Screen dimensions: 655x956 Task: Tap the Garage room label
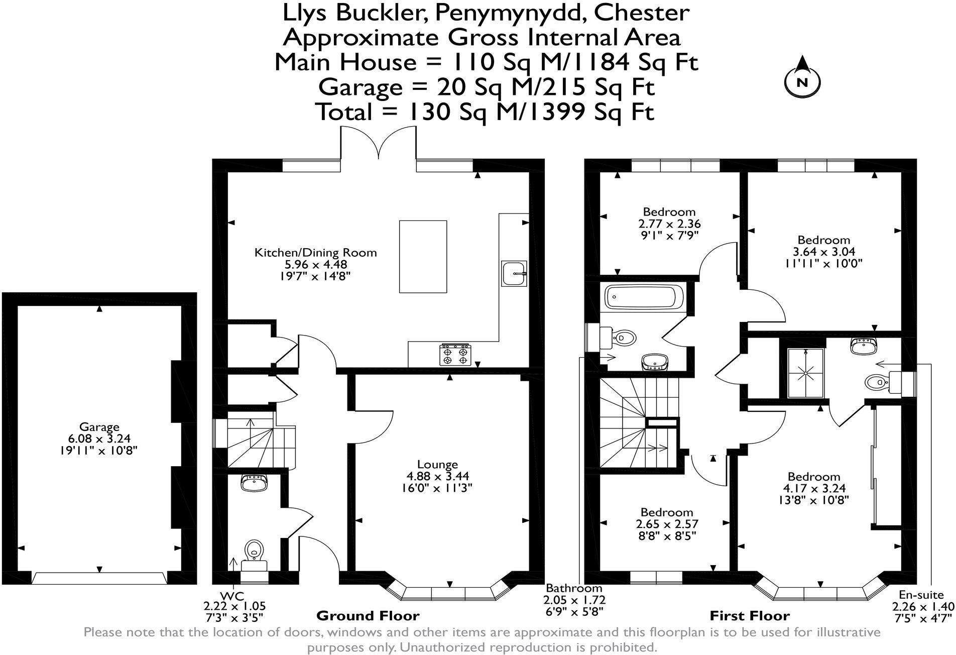[99, 427]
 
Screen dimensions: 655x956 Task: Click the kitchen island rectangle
[423, 256]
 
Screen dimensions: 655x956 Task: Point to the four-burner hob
[455, 354]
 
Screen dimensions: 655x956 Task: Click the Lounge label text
[437, 465]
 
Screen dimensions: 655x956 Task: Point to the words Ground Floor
[368, 616]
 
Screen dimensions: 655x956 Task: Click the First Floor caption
[749, 616]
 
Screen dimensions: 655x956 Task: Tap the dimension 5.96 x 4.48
[315, 264]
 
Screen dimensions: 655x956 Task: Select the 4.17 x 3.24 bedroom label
[813, 488]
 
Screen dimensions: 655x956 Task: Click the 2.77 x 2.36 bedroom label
[669, 224]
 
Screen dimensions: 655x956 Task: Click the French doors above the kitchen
[379, 143]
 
